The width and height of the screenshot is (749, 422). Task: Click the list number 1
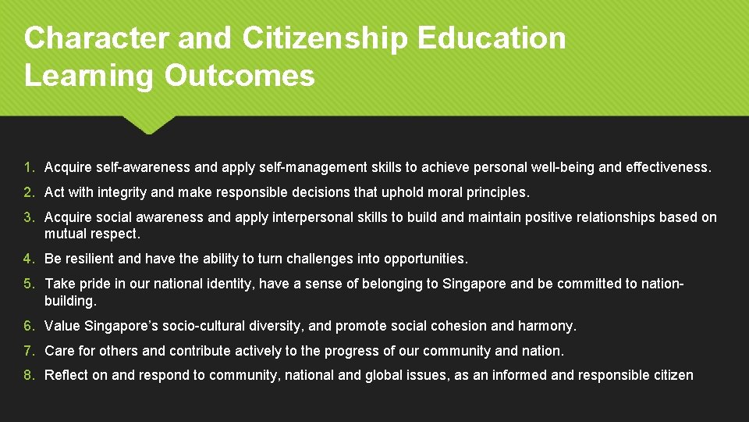click(28, 167)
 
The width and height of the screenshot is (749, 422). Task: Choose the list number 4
click(28, 259)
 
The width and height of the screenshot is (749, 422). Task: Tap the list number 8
click(28, 375)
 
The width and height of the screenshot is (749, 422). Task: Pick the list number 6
click(28, 326)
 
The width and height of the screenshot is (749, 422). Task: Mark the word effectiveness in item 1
click(668, 167)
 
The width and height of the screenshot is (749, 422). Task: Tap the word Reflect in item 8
click(66, 375)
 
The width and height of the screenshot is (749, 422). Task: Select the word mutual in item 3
click(66, 233)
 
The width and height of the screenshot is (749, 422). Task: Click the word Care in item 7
click(59, 351)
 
